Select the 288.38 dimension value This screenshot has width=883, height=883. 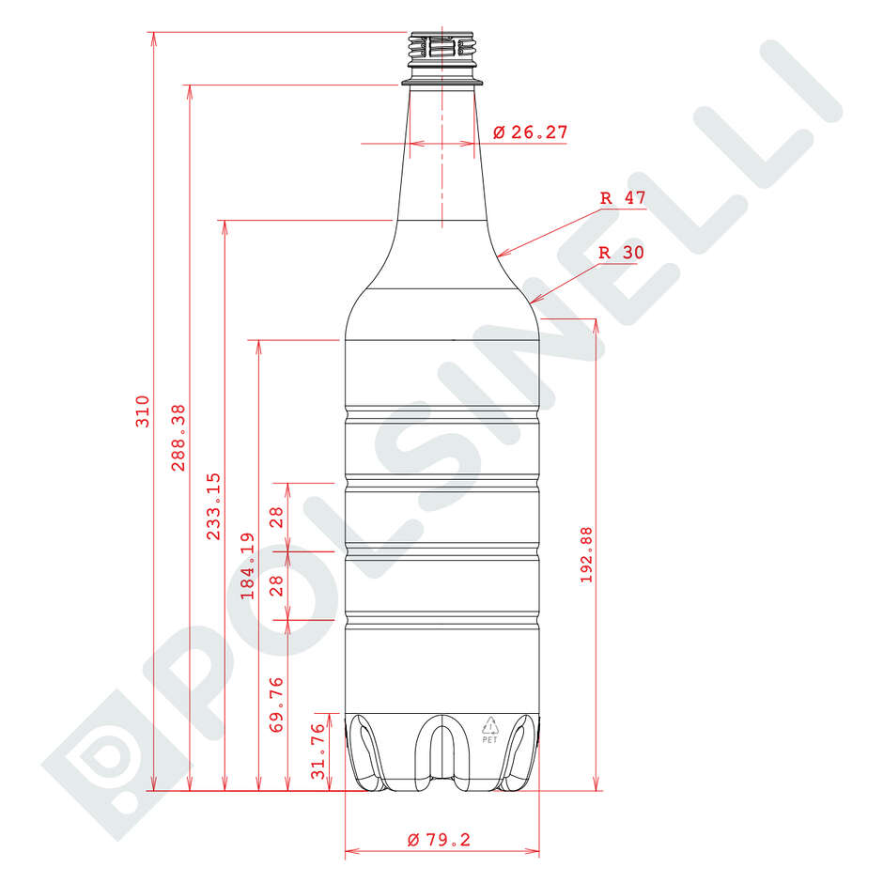click(x=178, y=438)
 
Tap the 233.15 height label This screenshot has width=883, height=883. click(x=214, y=506)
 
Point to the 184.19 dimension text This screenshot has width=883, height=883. click(x=248, y=565)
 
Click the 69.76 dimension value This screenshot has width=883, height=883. click(x=276, y=705)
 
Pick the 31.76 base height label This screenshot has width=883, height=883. click(x=318, y=751)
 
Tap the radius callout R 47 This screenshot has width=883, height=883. click(x=622, y=198)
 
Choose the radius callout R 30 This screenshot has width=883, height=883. click(x=621, y=253)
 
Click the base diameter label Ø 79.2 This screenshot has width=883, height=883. click(x=439, y=840)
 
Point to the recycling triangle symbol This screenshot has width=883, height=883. click(x=489, y=724)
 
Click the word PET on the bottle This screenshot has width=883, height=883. click(x=489, y=739)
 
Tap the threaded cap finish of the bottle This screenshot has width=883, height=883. click(x=441, y=52)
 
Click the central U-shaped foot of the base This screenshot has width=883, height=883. click(x=441, y=751)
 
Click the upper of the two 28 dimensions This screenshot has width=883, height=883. click(x=276, y=517)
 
